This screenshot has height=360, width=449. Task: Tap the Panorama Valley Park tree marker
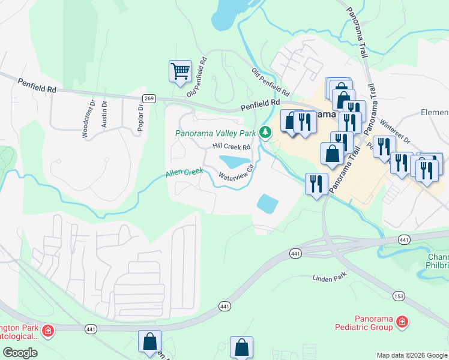[x=265, y=133]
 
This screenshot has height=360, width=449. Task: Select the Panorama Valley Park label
[x=215, y=134]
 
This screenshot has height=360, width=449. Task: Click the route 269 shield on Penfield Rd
[x=149, y=98]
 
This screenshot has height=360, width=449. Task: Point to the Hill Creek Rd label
[x=231, y=146]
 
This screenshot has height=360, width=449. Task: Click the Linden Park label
[x=330, y=278]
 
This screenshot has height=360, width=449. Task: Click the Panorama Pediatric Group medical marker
[x=402, y=323]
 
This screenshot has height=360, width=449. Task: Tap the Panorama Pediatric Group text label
[x=364, y=323]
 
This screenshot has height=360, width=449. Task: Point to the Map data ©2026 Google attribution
[x=411, y=355]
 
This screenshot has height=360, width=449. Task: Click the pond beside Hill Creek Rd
[x=235, y=161]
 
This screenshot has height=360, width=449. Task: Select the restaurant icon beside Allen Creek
[x=316, y=183]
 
